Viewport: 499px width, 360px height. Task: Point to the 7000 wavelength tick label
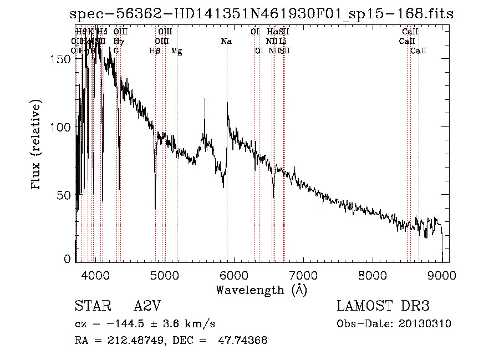point(303,275)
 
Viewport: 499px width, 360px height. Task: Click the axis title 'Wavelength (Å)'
point(261,290)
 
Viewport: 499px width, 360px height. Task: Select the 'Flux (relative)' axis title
point(37,145)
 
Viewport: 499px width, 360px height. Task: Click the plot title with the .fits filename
point(262,14)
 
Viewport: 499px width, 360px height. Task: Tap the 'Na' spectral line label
point(226,42)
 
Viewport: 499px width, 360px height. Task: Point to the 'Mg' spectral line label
point(176,51)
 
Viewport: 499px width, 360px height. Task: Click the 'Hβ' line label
point(155,51)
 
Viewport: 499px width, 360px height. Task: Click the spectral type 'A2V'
point(148,306)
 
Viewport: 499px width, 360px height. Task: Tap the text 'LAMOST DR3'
point(383,306)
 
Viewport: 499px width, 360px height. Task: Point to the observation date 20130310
point(426,323)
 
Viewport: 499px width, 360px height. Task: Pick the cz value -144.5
point(115,324)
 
